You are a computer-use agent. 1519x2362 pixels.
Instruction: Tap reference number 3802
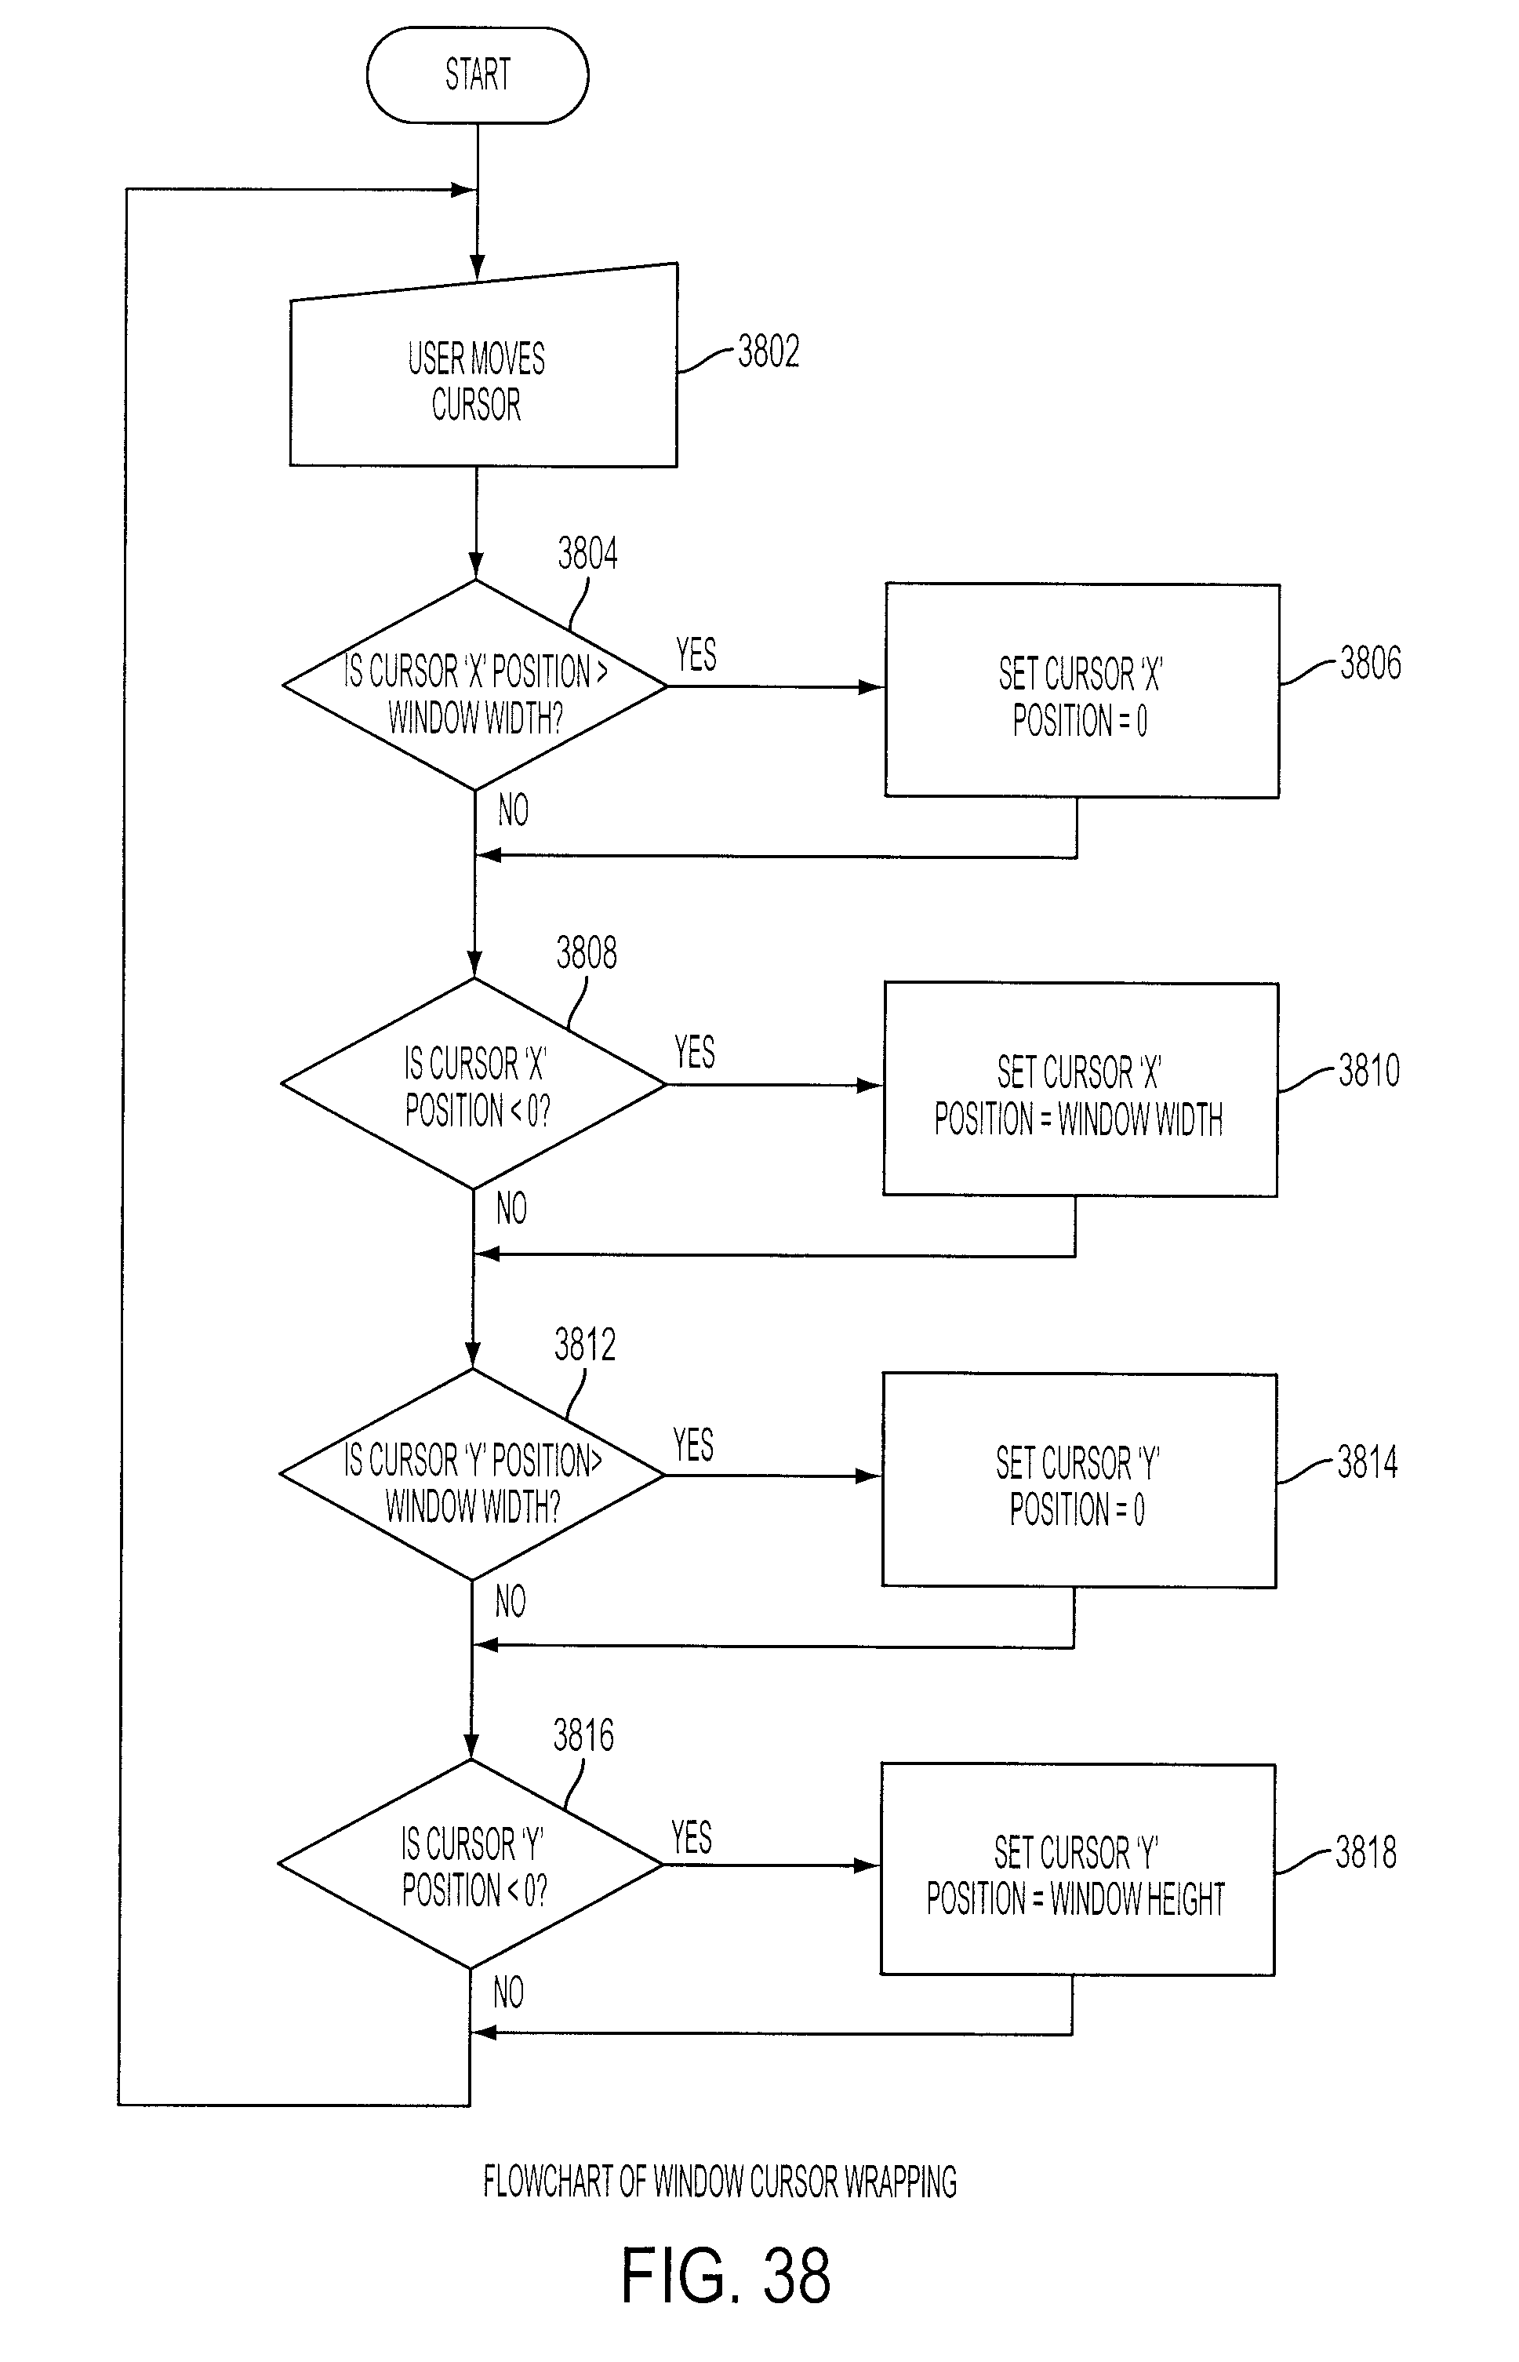click(x=769, y=352)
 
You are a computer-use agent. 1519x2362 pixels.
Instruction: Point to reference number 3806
click(x=1370, y=663)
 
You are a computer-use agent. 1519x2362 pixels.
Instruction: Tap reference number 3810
click(x=1369, y=1071)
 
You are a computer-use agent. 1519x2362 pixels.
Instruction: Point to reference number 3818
click(x=1366, y=1853)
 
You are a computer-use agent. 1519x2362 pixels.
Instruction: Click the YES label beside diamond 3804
click(x=696, y=654)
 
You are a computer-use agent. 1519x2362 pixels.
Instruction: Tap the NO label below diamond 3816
click(x=509, y=1993)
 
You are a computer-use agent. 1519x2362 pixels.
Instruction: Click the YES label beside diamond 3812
click(x=693, y=1446)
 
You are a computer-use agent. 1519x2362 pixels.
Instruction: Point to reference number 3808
click(x=587, y=953)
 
